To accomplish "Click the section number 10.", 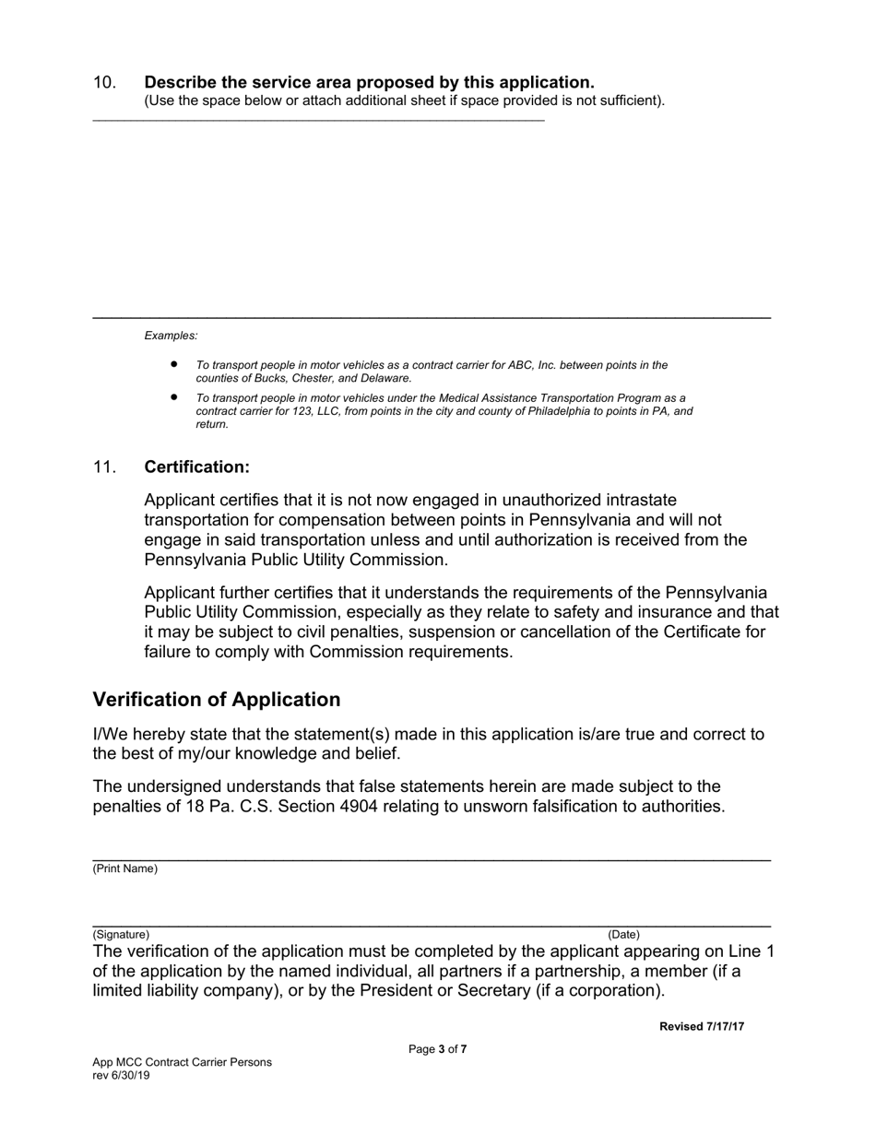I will [104, 83].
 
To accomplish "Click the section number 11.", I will [104, 467].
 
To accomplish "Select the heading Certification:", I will [196, 467].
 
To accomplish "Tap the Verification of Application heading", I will [216, 700].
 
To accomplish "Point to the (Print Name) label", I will [124, 868].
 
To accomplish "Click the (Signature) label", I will [120, 934].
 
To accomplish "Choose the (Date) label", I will [623, 934].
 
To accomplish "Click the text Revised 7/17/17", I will [701, 1027].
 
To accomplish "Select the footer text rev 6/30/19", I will [121, 1075].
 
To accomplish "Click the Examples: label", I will [171, 336].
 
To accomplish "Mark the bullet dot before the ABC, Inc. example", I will [173, 365].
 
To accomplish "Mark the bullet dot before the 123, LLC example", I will [173, 397].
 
